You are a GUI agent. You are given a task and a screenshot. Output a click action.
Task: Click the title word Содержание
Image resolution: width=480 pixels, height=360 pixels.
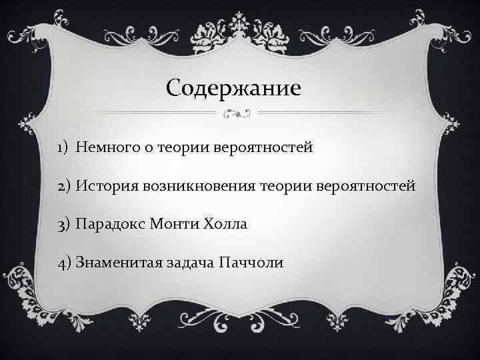point(233,87)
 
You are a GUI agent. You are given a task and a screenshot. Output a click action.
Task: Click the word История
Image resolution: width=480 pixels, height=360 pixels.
point(107,185)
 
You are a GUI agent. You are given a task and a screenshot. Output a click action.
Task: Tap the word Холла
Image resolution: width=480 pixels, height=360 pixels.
point(227,224)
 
